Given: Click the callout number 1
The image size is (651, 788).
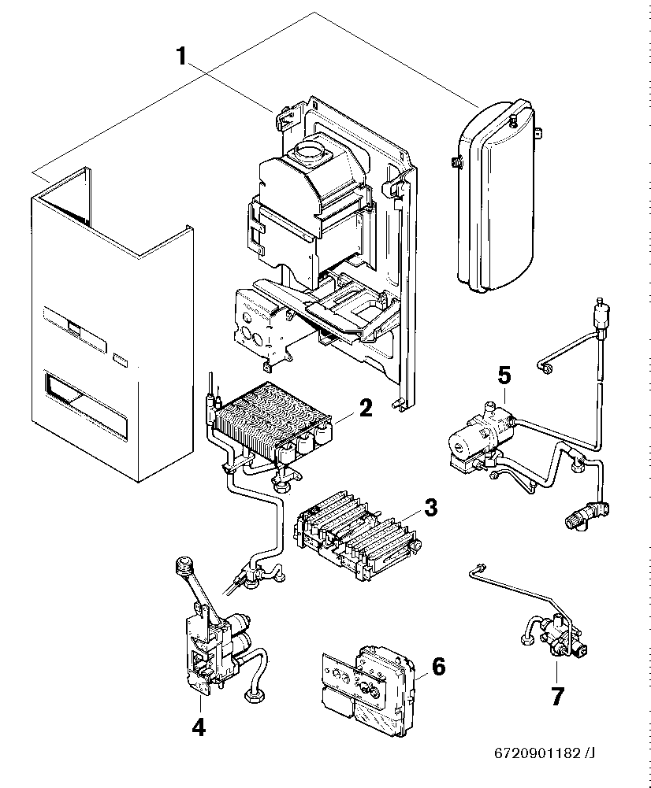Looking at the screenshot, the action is click(x=180, y=56).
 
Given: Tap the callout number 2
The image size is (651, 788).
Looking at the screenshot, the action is click(x=364, y=408).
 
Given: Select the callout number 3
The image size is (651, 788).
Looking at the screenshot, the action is click(x=430, y=507).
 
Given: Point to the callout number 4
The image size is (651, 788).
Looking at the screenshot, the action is click(x=199, y=727).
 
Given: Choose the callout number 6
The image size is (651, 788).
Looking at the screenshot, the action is click(x=438, y=667).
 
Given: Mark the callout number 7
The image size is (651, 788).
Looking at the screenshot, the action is click(x=556, y=697).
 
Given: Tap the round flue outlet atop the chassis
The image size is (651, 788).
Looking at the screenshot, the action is click(x=309, y=150).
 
